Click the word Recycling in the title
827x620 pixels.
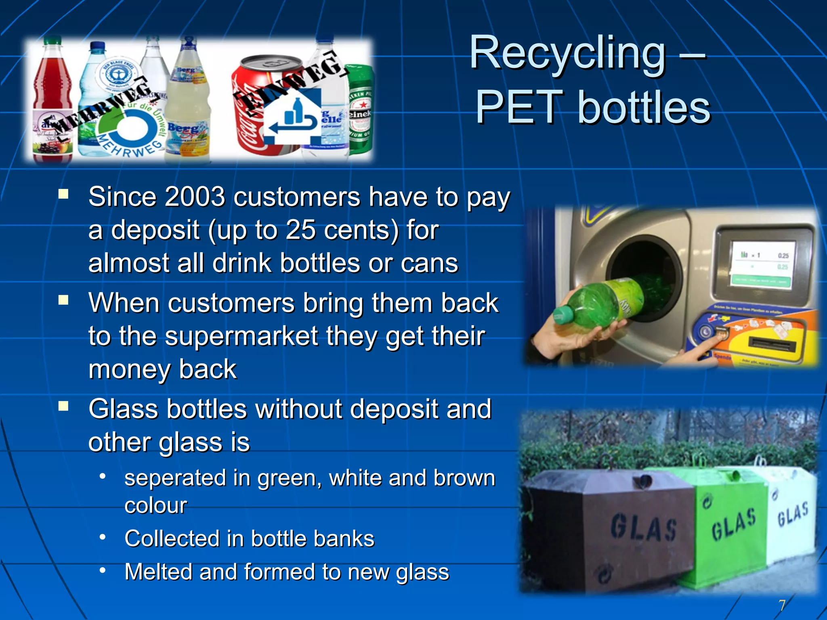(567, 53)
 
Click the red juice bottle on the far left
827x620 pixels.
(52, 101)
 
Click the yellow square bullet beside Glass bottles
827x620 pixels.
(63, 406)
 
